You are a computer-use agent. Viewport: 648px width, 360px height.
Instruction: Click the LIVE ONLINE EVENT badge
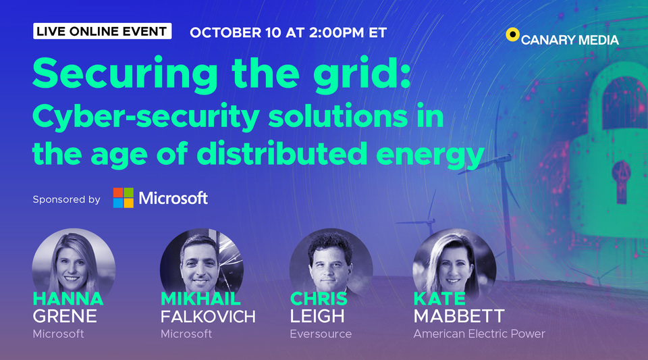point(102,31)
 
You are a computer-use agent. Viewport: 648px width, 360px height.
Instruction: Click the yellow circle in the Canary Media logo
point(512,34)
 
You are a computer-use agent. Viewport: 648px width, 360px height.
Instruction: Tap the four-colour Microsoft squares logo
point(123,198)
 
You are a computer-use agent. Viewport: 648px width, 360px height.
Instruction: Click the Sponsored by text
point(66,199)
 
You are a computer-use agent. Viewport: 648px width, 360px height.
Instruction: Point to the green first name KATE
point(439,299)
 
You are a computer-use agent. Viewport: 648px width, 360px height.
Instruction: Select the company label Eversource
point(321,334)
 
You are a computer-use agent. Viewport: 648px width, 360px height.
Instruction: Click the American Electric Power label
point(479,334)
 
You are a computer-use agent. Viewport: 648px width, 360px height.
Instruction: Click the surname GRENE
point(65,316)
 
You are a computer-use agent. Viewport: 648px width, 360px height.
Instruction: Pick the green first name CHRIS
point(319,299)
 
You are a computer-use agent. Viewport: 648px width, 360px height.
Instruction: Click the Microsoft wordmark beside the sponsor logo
point(173,198)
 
